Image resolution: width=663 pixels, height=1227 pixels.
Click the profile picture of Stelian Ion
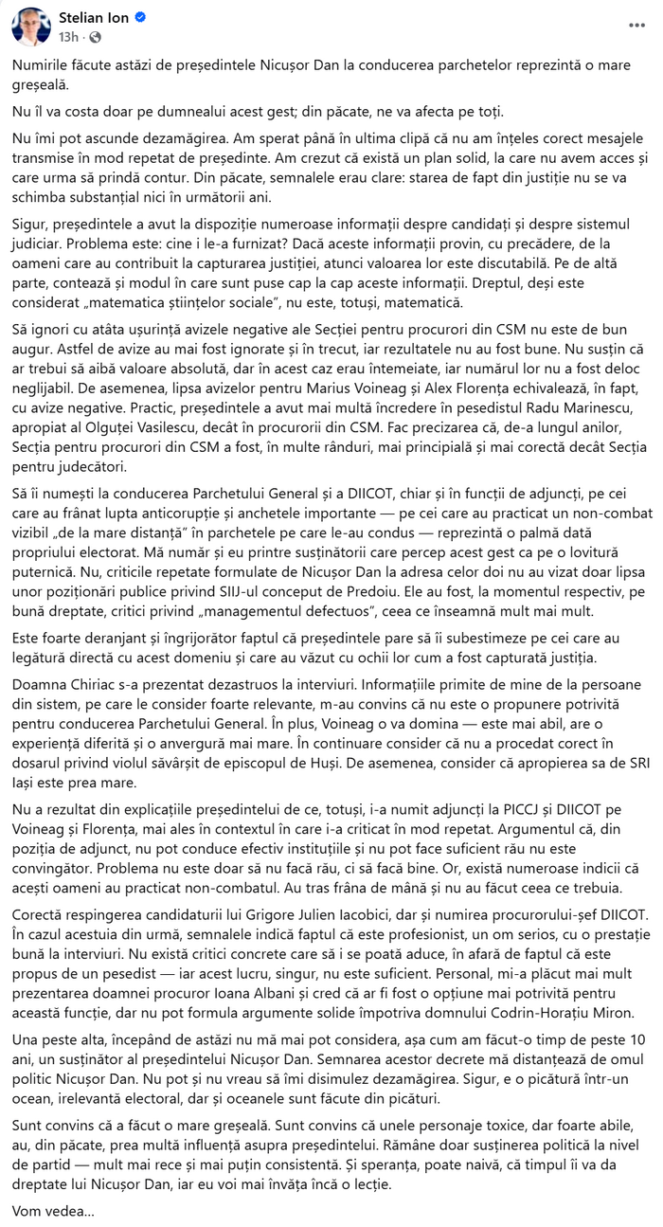click(x=31, y=27)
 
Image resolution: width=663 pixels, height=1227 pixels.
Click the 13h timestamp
click(x=67, y=37)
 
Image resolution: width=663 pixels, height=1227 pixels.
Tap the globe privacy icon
click(x=95, y=37)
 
